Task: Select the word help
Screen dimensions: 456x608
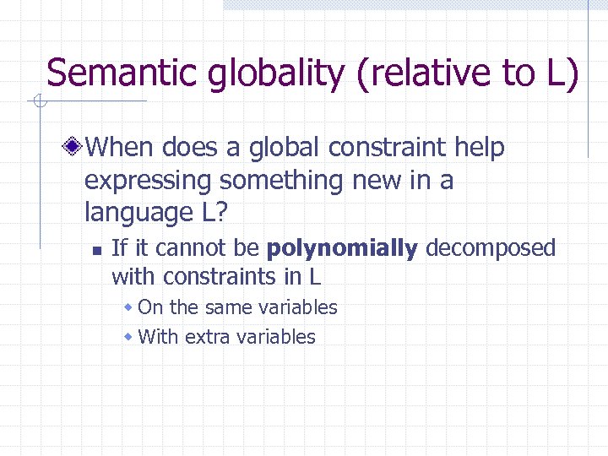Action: pyautogui.click(x=479, y=149)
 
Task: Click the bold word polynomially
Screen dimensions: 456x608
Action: pyautogui.click(x=341, y=248)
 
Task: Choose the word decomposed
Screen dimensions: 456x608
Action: pyautogui.click(x=491, y=248)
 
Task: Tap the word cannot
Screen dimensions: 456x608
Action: pyautogui.click(x=179, y=248)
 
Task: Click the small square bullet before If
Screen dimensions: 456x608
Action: pyautogui.click(x=97, y=250)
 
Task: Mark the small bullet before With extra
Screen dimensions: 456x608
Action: pyautogui.click(x=128, y=337)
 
